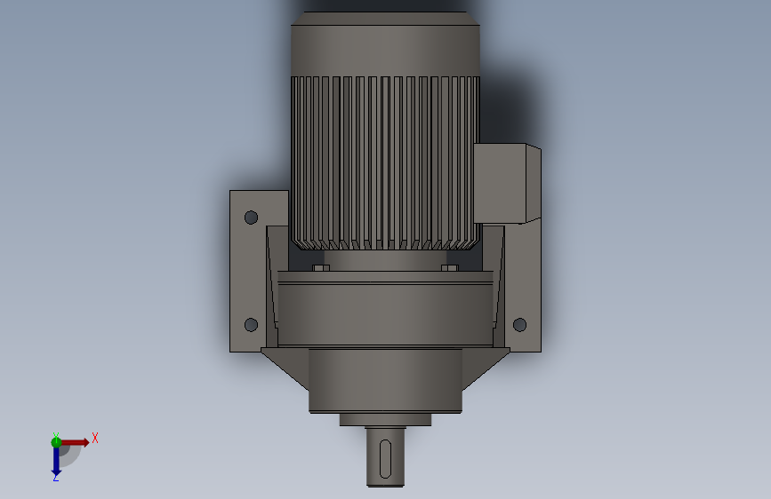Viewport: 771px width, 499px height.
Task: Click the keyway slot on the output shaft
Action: point(385,455)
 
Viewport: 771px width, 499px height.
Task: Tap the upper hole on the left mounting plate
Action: point(251,217)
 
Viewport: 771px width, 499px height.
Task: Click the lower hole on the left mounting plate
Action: point(251,325)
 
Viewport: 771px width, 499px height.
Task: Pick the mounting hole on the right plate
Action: point(520,325)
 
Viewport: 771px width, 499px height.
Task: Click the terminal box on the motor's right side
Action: point(507,182)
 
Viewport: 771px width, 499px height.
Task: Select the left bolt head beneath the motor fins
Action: point(321,267)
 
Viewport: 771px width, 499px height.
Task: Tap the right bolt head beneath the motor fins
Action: point(449,267)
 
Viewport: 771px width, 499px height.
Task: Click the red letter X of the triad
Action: point(94,438)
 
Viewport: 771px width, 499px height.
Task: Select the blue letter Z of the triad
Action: point(55,478)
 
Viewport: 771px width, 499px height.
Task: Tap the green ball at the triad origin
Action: point(57,441)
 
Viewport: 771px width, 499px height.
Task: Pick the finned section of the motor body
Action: point(385,160)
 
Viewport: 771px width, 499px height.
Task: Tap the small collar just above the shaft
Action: point(385,420)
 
